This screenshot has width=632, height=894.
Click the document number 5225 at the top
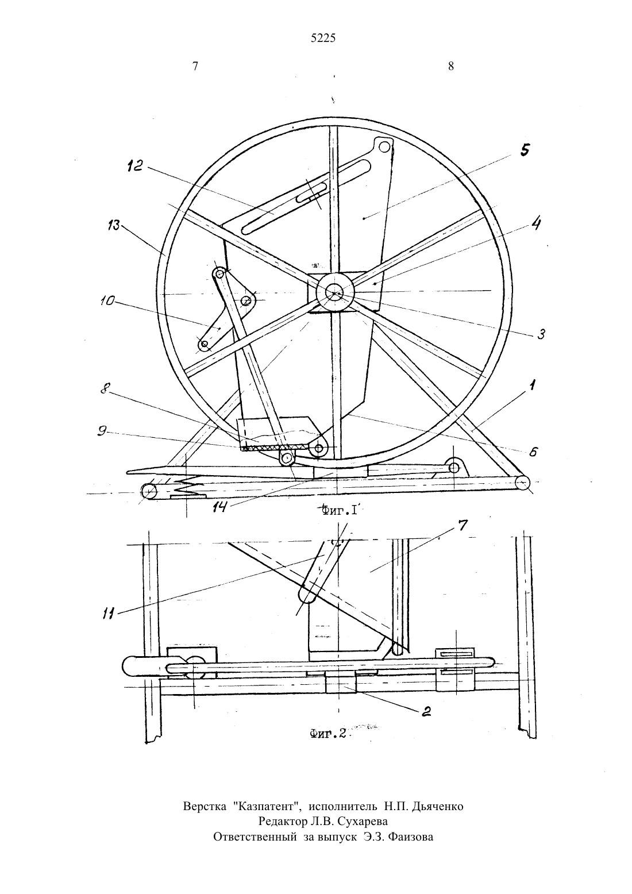(323, 38)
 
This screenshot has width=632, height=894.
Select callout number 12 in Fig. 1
(135, 165)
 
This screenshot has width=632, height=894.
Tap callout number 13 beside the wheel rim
(113, 225)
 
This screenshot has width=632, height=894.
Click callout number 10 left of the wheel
(107, 299)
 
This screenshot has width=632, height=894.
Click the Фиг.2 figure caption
(327, 734)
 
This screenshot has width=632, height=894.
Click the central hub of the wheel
(335, 293)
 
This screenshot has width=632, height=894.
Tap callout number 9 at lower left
(102, 431)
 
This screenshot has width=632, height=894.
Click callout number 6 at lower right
(534, 452)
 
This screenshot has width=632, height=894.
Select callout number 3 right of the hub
(541, 334)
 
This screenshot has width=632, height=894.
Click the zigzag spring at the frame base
(184, 485)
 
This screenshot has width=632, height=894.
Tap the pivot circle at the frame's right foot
(521, 483)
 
